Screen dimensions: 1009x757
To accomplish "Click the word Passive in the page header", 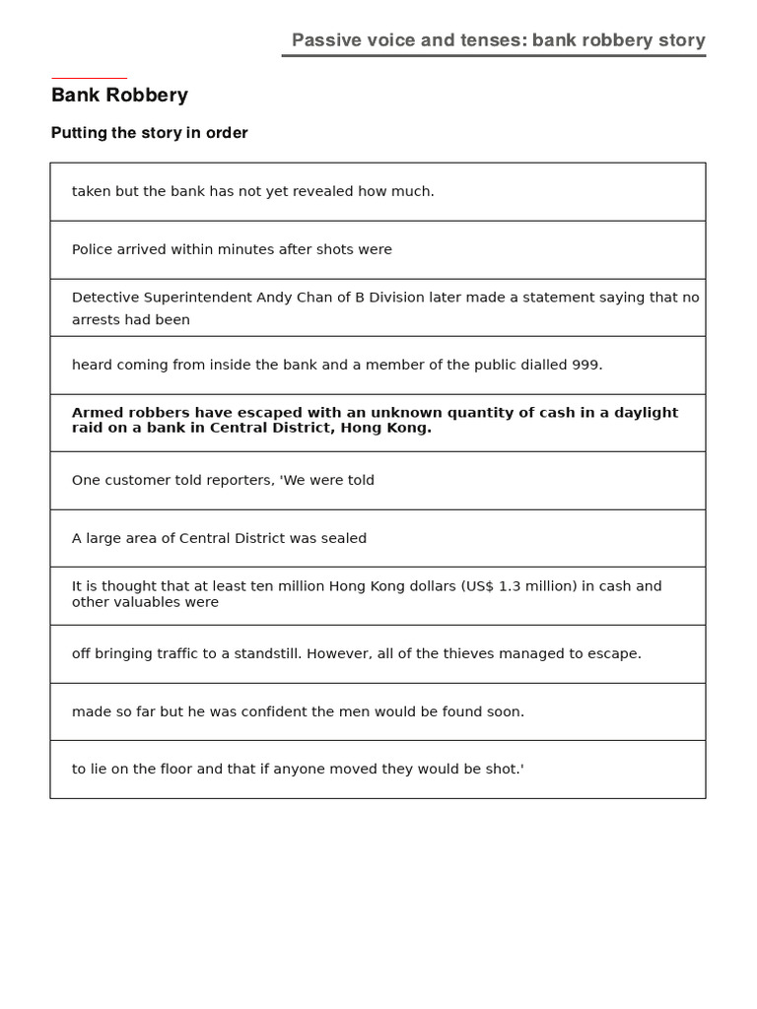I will [x=324, y=40].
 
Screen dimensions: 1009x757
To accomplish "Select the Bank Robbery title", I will [x=119, y=96].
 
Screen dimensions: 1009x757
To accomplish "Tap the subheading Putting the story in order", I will [x=149, y=133].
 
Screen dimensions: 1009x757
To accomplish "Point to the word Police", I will [x=93, y=249].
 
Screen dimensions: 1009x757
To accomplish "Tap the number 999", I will [x=585, y=365].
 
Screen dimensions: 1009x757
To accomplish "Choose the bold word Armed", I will [x=97, y=413].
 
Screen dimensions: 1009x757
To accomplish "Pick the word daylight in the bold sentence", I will [x=643, y=413].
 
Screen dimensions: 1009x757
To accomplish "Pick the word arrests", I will [x=96, y=320].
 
